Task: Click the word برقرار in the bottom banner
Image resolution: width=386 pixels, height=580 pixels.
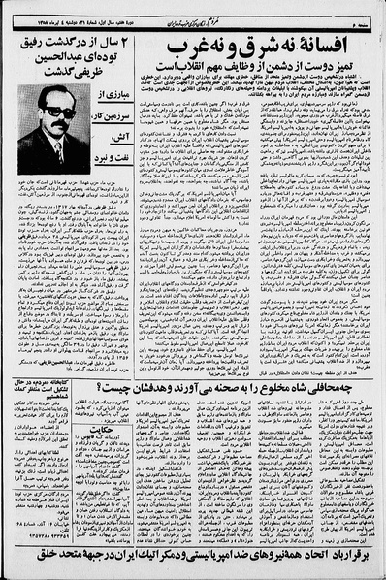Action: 362,562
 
